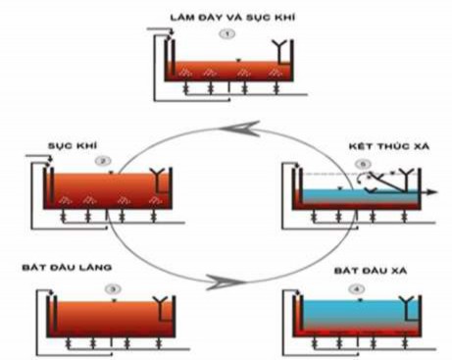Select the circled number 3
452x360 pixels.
click(114, 289)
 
